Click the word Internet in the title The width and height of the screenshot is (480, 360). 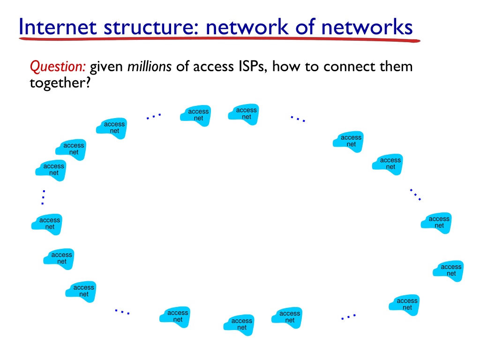[x=58, y=27]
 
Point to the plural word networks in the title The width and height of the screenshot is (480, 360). [x=367, y=27]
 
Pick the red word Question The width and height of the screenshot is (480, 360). [x=58, y=67]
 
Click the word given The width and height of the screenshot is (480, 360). [x=106, y=67]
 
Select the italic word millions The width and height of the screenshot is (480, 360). [x=150, y=67]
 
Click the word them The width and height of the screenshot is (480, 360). [x=396, y=67]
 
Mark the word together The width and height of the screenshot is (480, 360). [x=60, y=83]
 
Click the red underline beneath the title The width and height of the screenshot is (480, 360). [x=219, y=39]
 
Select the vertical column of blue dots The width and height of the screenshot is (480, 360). [x=43, y=197]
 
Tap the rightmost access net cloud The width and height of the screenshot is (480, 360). [x=448, y=270]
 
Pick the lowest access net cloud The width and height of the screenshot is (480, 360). [x=239, y=324]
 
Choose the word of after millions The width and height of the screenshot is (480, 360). [x=182, y=67]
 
